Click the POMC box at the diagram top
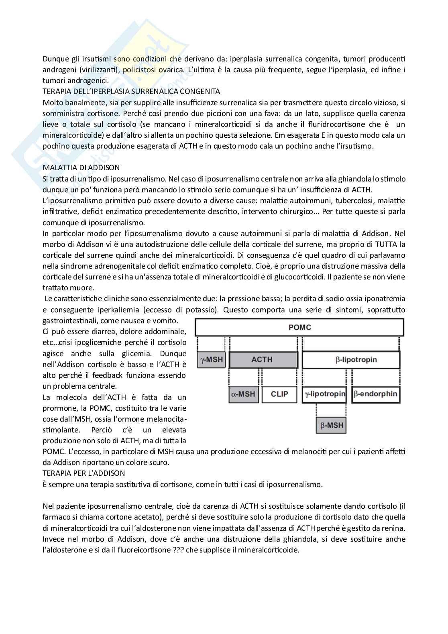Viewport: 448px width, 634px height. click(299, 327)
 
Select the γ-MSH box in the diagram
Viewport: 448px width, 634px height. click(212, 359)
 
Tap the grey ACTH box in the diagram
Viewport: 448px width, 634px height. click(263, 359)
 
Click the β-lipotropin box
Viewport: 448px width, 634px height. click(350, 359)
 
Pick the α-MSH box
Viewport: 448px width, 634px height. click(243, 394)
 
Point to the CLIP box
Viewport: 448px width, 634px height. click(279, 394)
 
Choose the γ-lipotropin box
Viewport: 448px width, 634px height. click(324, 394)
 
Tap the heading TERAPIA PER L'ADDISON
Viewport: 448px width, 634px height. click(83, 473)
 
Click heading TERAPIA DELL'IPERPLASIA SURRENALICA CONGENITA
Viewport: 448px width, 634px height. click(131, 92)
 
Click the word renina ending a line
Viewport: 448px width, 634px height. click(394, 528)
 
